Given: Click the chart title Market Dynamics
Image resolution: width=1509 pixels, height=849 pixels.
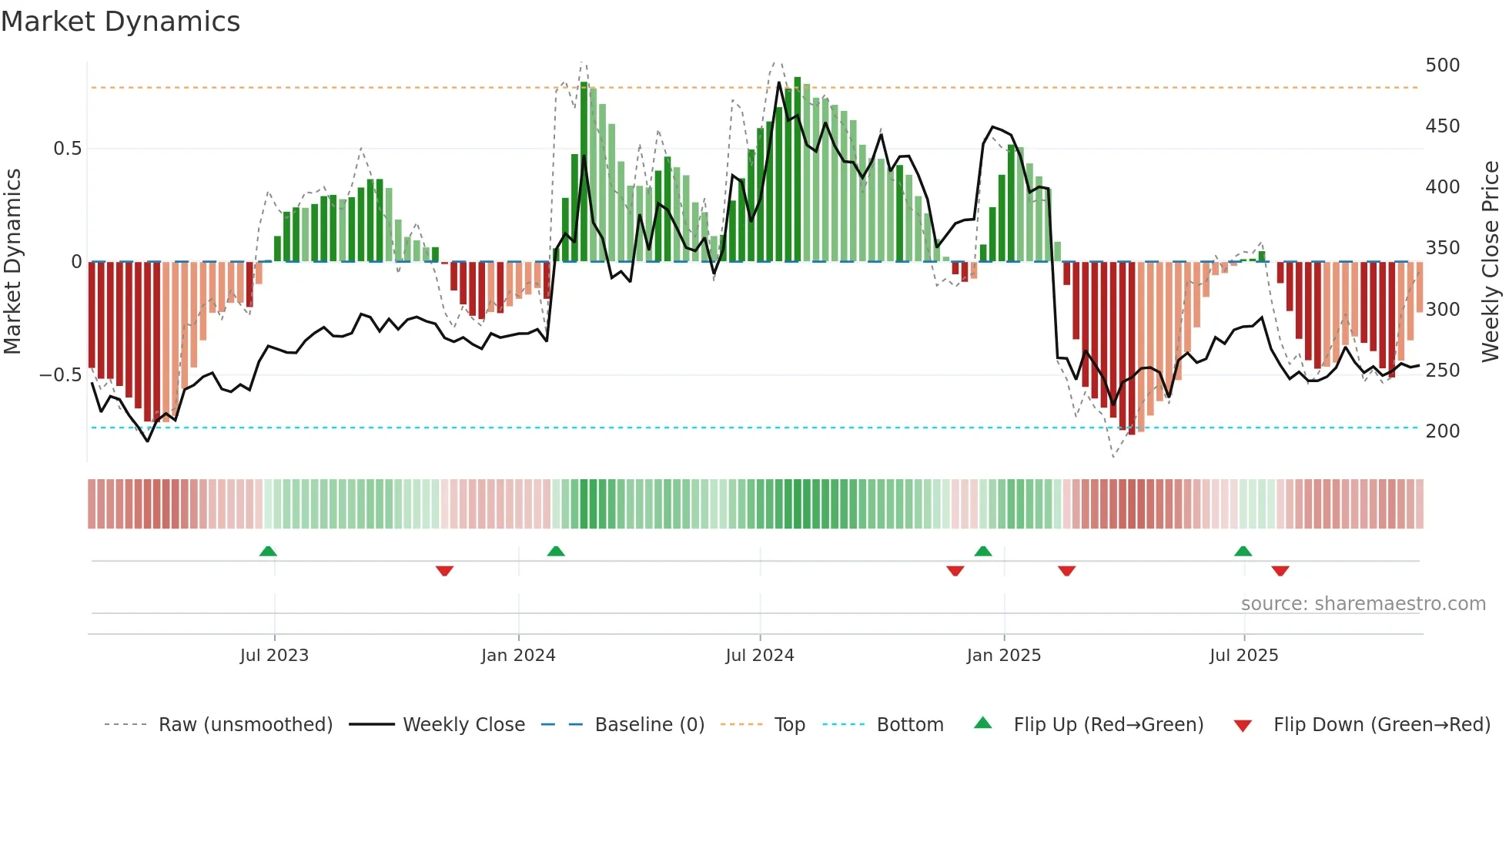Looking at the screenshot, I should [x=121, y=22].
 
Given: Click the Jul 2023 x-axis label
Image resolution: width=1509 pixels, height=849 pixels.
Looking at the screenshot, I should [x=274, y=656].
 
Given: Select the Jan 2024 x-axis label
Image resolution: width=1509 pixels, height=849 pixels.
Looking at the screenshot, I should [x=518, y=656].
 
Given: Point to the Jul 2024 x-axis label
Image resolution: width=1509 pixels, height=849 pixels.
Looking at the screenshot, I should [x=760, y=656].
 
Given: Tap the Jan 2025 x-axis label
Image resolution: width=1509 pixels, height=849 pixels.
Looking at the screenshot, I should [x=1004, y=656].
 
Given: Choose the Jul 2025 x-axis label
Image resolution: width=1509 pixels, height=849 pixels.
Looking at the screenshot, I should [x=1244, y=656].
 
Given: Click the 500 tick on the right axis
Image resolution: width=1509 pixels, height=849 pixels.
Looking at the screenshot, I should [x=1442, y=65].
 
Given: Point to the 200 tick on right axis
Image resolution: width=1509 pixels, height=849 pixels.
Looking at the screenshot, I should [x=1442, y=431].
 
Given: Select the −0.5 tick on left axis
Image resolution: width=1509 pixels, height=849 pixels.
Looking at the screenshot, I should [x=61, y=375].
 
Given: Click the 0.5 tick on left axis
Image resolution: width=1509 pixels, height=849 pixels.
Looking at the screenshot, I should [x=67, y=149].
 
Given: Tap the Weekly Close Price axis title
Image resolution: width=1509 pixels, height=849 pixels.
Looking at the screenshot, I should [x=1491, y=262].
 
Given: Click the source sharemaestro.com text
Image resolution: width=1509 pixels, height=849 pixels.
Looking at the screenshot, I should [x=1363, y=604].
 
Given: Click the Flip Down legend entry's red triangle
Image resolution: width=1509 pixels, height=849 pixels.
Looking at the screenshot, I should [x=1243, y=726].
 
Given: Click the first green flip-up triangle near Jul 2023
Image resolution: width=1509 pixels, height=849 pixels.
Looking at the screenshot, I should [x=268, y=552].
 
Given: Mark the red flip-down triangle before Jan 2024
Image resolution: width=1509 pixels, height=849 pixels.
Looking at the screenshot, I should [x=444, y=571].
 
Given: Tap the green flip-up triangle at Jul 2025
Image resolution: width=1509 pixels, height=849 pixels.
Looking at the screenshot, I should [x=1243, y=552].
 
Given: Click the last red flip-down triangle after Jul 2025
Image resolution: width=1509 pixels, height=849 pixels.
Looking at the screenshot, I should [x=1280, y=571].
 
